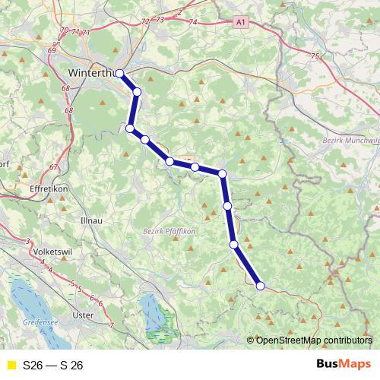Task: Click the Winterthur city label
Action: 89,73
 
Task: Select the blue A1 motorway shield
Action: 240,25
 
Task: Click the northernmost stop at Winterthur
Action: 119,73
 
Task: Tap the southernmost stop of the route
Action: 261,286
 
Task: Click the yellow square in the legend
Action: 10,365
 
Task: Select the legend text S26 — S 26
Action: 53,365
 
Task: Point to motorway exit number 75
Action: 315,55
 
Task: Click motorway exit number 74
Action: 194,23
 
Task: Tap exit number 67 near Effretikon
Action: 53,167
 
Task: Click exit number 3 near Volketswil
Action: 28,241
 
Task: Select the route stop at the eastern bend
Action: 223,174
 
